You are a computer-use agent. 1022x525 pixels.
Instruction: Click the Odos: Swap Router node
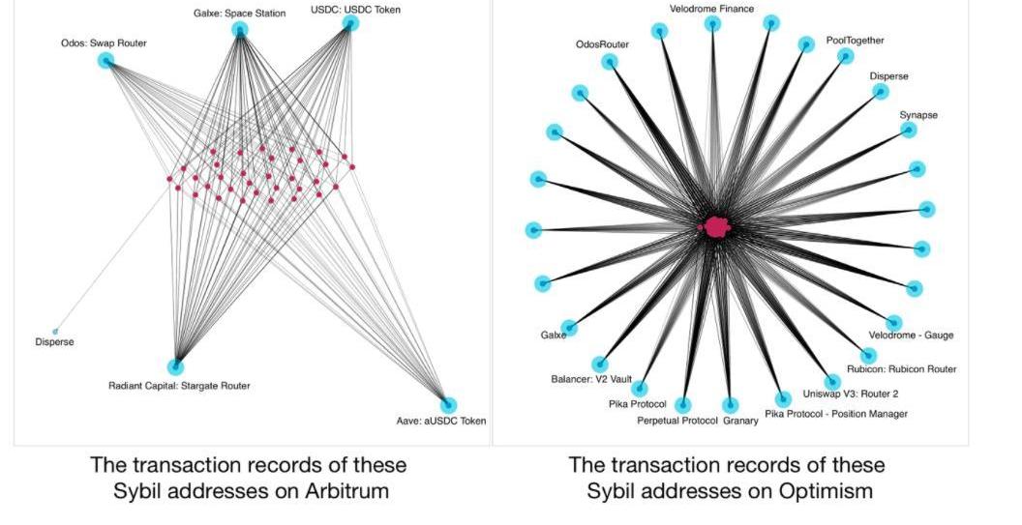(x=105, y=61)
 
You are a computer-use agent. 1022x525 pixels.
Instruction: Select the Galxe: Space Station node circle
(x=240, y=29)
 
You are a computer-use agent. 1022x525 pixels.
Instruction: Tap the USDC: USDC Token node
(x=350, y=23)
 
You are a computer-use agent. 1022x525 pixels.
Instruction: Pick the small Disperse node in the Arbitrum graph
(x=55, y=332)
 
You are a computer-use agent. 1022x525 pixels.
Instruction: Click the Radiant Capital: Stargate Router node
(x=175, y=366)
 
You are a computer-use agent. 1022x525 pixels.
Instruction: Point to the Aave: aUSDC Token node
(x=448, y=405)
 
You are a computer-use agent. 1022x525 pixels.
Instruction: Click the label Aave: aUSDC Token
(x=441, y=421)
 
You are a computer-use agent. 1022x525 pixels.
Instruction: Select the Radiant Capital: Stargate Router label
(x=179, y=386)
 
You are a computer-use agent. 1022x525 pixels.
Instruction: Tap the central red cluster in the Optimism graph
(x=716, y=226)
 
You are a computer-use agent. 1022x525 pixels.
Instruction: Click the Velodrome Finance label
(x=711, y=9)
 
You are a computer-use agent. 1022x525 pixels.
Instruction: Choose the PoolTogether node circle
(x=845, y=56)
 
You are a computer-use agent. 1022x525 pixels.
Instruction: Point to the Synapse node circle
(x=909, y=130)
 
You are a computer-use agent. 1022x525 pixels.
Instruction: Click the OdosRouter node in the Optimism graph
(x=610, y=62)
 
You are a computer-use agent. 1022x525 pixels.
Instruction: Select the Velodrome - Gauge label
(x=911, y=335)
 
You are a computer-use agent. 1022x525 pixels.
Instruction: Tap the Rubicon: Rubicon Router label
(x=901, y=368)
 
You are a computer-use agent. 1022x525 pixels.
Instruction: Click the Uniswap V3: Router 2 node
(x=832, y=382)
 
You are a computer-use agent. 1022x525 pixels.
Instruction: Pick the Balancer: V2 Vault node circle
(x=600, y=365)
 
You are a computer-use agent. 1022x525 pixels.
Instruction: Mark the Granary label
(x=740, y=421)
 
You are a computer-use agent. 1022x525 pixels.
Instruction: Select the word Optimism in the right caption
(x=826, y=490)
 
